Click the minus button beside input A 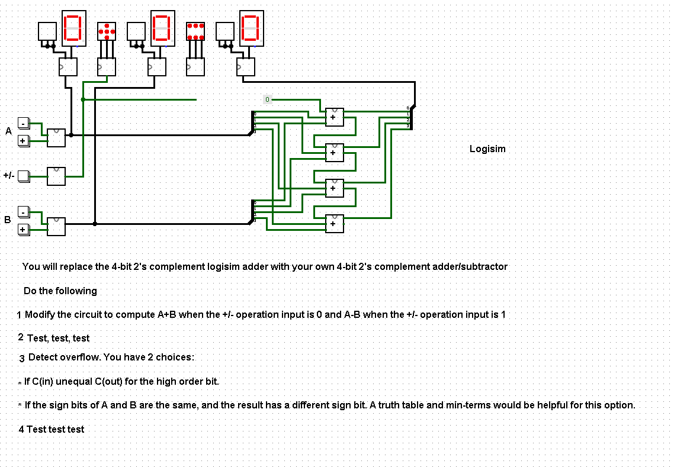(x=23, y=123)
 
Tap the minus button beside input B (x=23, y=212)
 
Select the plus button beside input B (x=23, y=229)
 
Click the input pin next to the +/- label (x=23, y=176)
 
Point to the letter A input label (x=8, y=131)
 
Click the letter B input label (x=8, y=220)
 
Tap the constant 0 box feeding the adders (x=267, y=99)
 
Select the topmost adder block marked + (x=334, y=117)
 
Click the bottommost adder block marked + (x=334, y=223)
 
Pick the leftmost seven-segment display (x=74, y=27)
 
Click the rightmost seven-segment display (x=252, y=27)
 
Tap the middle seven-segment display (x=163, y=27)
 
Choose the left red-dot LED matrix (x=107, y=31)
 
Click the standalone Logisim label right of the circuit (x=487, y=149)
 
